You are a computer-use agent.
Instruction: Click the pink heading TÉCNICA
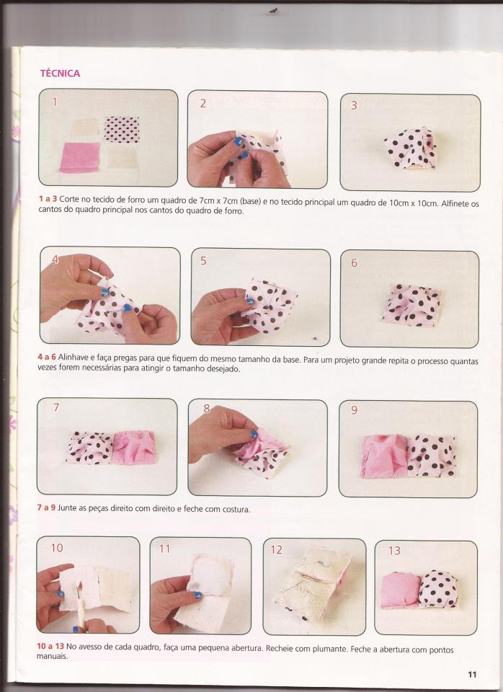point(60,74)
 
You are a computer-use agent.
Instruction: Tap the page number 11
point(472,675)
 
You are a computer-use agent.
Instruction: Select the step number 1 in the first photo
point(55,102)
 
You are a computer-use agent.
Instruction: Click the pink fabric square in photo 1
point(80,157)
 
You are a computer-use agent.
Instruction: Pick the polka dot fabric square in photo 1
point(121,129)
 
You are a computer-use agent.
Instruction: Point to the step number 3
point(354,105)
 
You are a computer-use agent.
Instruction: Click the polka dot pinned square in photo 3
point(411,148)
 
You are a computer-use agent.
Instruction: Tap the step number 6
point(354,263)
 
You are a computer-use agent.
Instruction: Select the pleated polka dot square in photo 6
point(411,306)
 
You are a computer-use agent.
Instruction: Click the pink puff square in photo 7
point(134,448)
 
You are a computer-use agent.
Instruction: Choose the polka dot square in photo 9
point(431,456)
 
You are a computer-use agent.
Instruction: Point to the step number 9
point(354,410)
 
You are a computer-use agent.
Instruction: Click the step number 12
point(276,550)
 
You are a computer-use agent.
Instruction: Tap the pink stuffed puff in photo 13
point(400,590)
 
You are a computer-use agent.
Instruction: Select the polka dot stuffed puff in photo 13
point(438,588)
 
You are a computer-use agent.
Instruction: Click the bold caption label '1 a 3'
point(48,199)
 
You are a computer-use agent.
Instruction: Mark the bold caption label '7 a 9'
point(46,508)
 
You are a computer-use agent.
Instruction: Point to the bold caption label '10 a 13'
point(50,646)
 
